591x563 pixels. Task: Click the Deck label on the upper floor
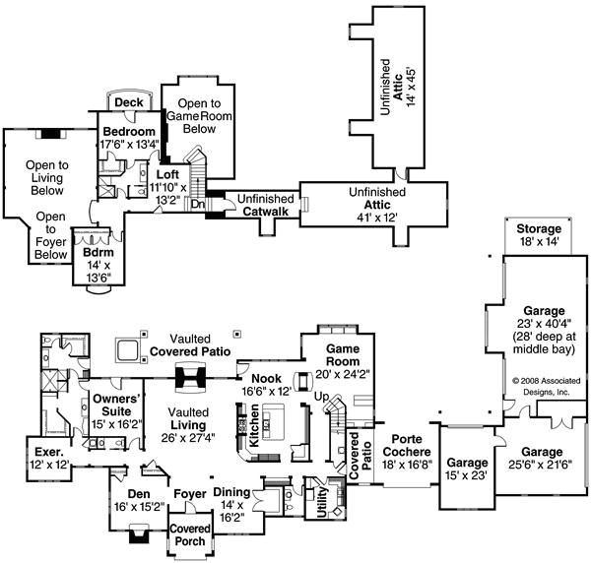coord(128,102)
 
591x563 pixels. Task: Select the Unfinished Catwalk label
coord(266,205)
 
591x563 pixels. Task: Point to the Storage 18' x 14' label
coord(539,235)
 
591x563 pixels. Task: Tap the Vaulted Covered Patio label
coord(190,344)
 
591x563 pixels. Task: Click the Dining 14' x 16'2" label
coord(232,501)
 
